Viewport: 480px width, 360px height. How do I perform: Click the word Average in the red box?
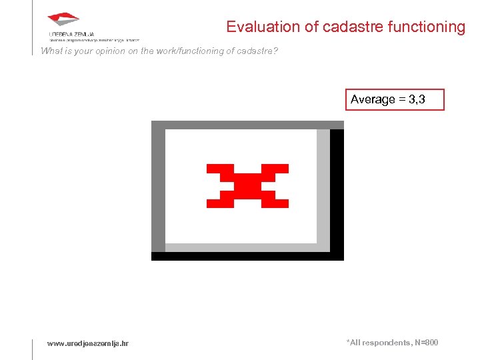(373, 99)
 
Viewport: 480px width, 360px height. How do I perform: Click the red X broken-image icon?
(247, 185)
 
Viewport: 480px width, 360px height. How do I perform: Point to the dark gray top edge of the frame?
(247, 125)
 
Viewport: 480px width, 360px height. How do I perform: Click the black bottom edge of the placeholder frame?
(247, 256)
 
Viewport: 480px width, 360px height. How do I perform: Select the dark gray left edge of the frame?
(158, 190)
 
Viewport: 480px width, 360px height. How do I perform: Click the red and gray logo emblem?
(63, 21)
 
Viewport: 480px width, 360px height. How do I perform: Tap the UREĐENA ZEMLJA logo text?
(71, 33)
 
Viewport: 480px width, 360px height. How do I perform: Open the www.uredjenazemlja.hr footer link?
(88, 343)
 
